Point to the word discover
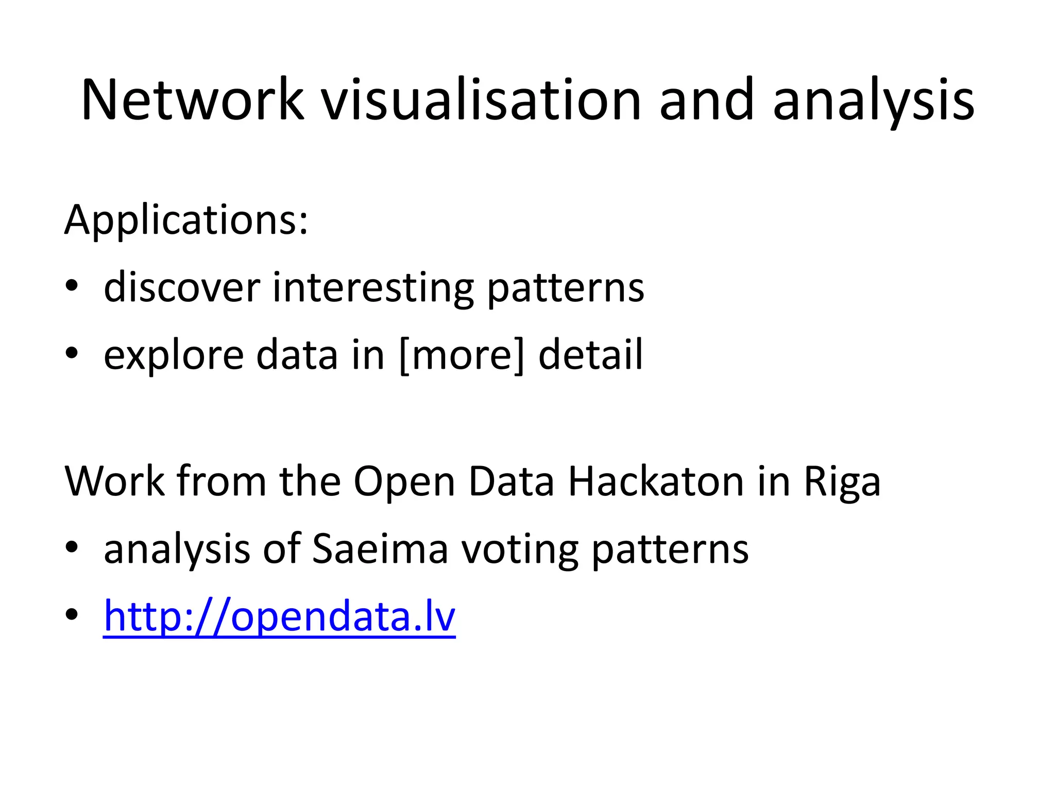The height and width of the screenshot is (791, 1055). [182, 287]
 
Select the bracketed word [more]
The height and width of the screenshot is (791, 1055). [462, 355]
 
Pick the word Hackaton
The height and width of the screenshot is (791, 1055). [656, 482]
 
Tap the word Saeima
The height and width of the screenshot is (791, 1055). [380, 549]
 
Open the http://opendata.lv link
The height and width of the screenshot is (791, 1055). [279, 616]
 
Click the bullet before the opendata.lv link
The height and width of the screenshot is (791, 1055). [72, 614]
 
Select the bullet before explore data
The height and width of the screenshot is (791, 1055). [72, 353]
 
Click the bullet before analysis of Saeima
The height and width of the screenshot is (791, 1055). [72, 547]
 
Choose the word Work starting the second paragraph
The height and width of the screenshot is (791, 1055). [114, 482]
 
